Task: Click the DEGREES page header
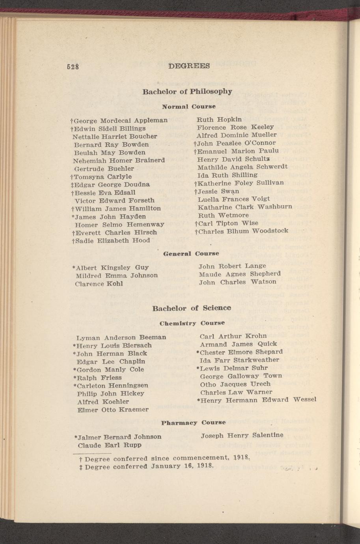188,66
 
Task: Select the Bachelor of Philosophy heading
187,91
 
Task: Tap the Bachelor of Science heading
192,308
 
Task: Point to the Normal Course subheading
189,106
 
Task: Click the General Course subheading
191,253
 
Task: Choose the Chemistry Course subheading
192,323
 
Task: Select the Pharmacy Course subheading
193,423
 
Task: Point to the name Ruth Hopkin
219,119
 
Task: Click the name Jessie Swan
219,191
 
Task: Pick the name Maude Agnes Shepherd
240,274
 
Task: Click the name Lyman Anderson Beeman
121,337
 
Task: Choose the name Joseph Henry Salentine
242,435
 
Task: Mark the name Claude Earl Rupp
110,445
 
